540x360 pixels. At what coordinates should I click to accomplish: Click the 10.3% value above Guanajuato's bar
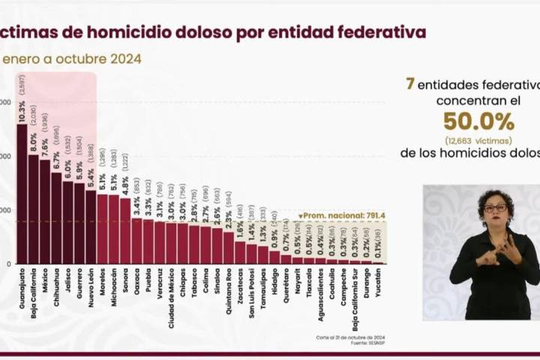(21, 112)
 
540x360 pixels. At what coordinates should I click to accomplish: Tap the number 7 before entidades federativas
(410, 84)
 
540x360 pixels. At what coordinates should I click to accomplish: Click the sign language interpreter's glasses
(494, 208)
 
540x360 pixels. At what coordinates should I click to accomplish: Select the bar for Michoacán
(113, 229)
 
